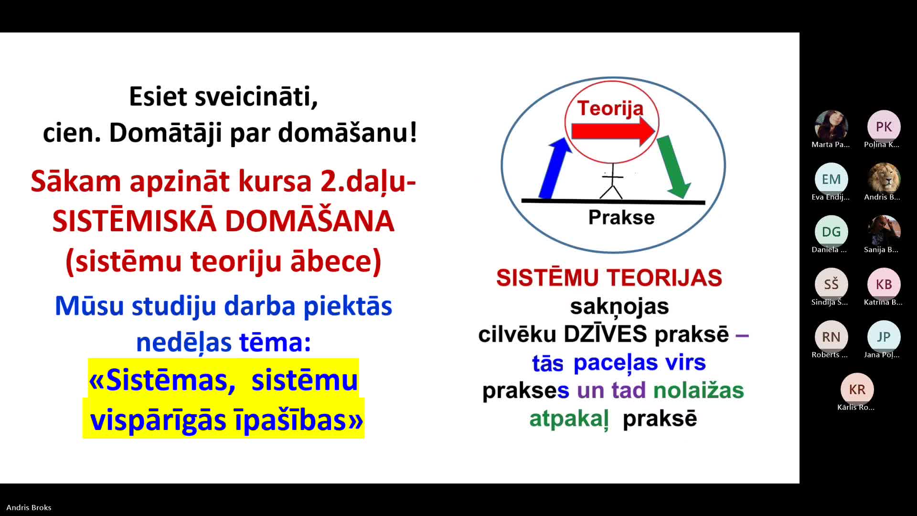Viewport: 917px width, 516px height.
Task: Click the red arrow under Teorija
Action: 613,131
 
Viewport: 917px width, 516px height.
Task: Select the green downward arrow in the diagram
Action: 673,166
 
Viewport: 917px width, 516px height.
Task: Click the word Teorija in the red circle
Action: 610,108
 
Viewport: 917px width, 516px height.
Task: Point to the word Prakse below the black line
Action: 621,217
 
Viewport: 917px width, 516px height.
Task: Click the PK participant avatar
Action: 884,127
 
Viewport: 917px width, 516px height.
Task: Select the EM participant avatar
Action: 831,179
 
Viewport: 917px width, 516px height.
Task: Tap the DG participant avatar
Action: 831,232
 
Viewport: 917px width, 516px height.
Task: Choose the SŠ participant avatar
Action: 831,284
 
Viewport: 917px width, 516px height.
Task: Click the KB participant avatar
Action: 884,284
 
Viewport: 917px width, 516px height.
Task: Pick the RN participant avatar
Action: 831,337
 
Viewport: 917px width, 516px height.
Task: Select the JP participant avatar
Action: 884,337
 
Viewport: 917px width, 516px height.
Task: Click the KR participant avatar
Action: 857,389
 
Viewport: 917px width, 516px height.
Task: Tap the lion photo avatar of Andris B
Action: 884,179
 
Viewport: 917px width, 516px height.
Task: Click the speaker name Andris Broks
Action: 29,507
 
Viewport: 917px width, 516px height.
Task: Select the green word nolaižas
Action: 698,390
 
